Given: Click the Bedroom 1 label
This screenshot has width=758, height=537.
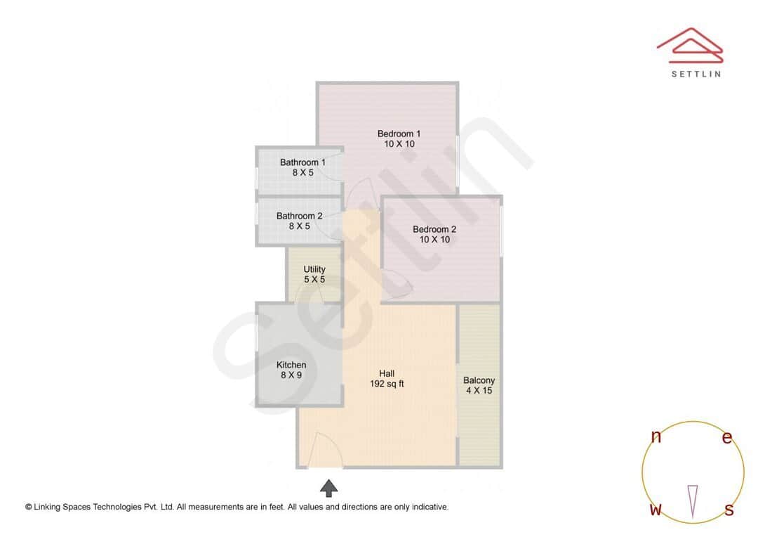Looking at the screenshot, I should pos(399,134).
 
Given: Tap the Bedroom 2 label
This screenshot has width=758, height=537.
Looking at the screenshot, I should pos(434,229).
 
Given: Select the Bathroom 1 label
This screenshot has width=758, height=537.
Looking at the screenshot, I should pos(302,162).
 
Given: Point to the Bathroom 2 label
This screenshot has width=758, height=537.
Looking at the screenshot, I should pos(299,216).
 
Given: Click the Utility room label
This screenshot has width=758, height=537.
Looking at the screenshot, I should pos(314,269).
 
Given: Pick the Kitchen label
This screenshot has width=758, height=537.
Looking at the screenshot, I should pos(291,365).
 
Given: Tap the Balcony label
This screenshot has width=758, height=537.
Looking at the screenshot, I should pos(479,380).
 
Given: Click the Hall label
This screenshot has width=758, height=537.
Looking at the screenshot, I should pos(387,373).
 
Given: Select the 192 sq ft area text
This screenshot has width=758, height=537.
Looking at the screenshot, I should pos(387,384).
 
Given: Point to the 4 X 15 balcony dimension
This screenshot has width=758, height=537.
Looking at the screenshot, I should pos(479,391).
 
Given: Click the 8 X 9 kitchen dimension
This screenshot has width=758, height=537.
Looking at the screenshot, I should pos(291,375).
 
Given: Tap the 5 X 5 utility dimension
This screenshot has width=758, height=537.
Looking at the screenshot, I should pos(314,280).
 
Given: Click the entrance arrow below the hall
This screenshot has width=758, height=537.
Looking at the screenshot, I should pos(329,487).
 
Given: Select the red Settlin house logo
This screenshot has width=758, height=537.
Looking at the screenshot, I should pos(690,44).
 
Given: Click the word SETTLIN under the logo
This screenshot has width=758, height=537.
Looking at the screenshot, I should pos(696,74).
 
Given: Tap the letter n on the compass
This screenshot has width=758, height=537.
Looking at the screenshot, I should pos(656,436).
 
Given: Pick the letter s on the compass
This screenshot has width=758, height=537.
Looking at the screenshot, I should pos(729,510).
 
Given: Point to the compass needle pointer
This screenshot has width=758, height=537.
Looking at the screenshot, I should pos(693,500).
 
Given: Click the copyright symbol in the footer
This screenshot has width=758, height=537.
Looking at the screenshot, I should pos(29,507).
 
